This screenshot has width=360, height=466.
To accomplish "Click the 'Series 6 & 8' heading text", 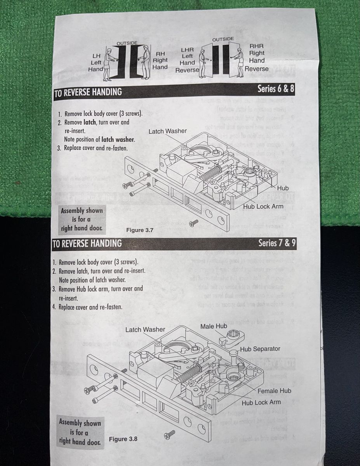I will [276, 89].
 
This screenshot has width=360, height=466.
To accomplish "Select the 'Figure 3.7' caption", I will [140, 230].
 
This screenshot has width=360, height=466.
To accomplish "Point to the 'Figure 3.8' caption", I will [123, 439].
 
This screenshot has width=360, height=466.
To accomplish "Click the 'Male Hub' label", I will [214, 326].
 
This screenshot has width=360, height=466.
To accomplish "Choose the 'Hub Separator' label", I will [260, 349].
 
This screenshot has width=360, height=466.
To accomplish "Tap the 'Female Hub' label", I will [274, 391].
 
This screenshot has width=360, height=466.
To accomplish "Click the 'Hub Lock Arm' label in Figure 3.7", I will [263, 206].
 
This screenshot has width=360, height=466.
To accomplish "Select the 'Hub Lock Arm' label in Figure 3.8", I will [261, 402].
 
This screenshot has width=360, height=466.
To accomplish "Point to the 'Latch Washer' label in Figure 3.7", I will [167, 131].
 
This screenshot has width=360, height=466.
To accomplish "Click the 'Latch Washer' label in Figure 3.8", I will [145, 330].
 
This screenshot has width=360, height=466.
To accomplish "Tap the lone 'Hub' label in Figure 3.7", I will [283, 188].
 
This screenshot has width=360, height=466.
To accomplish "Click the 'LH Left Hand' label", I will [96, 63].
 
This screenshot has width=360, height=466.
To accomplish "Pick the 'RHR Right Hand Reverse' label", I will [257, 57].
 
